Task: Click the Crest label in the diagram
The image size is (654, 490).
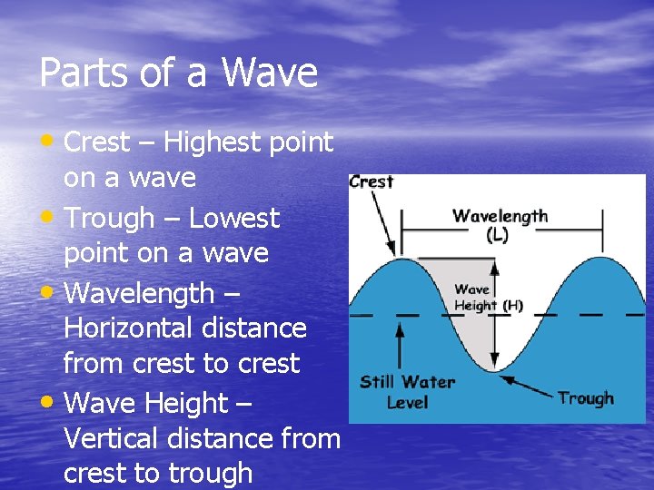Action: (x=372, y=181)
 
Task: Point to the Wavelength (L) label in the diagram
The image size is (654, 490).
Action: (x=500, y=224)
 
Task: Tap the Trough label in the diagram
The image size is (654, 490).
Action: (x=586, y=398)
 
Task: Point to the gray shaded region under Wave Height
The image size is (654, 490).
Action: (x=472, y=327)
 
